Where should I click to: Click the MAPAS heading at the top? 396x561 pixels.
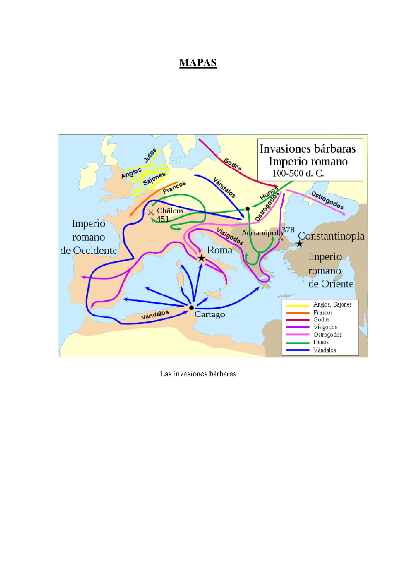(x=198, y=63)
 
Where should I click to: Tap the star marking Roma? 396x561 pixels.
(x=201, y=258)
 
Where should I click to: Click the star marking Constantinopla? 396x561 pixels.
(x=299, y=244)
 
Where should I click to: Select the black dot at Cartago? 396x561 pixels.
(x=191, y=308)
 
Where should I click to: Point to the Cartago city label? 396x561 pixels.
(x=210, y=314)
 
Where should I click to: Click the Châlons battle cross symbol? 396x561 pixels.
(x=151, y=212)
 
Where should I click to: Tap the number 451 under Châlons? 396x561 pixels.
(x=163, y=219)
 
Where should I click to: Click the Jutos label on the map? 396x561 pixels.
(x=150, y=155)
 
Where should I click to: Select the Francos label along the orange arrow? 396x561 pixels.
(x=174, y=188)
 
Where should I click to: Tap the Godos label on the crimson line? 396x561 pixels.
(x=233, y=164)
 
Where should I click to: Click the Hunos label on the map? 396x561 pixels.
(x=269, y=193)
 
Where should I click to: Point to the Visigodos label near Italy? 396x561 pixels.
(x=230, y=236)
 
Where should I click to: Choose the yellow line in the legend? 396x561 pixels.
(x=298, y=305)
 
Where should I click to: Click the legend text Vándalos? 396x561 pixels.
(x=325, y=350)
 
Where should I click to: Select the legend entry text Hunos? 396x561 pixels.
(x=321, y=342)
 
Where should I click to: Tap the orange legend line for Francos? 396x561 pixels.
(x=298, y=313)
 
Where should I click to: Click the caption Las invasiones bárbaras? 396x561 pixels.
(x=198, y=374)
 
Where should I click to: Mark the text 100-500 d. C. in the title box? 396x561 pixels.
(x=298, y=173)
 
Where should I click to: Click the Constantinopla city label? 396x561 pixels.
(x=331, y=236)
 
